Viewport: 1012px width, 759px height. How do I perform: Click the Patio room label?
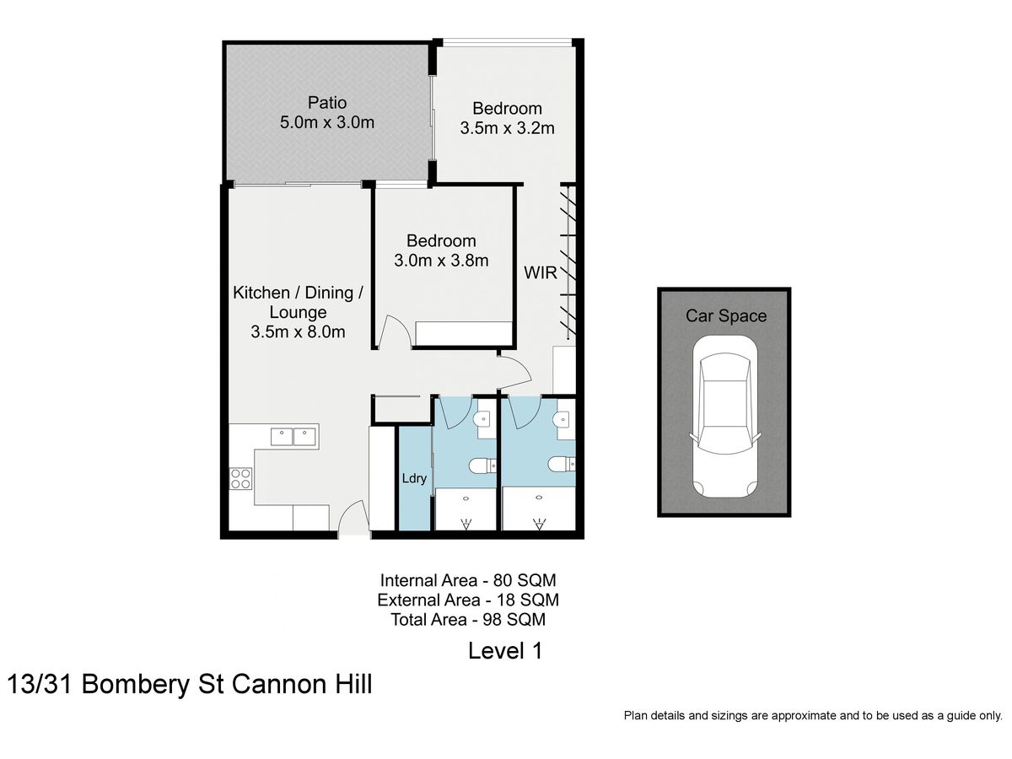[327, 102]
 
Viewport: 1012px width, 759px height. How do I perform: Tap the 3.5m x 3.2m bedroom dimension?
[507, 128]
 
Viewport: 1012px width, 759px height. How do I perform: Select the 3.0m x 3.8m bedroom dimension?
[441, 261]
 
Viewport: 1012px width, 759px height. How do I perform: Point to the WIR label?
[540, 272]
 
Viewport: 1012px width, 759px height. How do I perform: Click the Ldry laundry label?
[413, 478]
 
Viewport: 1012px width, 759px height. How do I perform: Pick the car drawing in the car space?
[724, 416]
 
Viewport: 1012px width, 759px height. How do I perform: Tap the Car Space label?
[726, 315]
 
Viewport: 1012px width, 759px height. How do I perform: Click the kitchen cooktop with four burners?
[240, 478]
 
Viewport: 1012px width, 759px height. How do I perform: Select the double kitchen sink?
[293, 436]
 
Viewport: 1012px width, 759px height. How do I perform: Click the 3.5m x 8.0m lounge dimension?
[298, 331]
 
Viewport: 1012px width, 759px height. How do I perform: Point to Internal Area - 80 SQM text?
[468, 579]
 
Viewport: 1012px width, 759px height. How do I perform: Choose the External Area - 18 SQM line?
[468, 600]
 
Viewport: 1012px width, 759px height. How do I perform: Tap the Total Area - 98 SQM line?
[468, 619]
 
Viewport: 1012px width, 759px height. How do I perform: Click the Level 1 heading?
[505, 651]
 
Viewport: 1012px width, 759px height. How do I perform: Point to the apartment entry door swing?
[353, 518]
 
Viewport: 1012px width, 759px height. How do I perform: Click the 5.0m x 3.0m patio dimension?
[327, 122]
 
